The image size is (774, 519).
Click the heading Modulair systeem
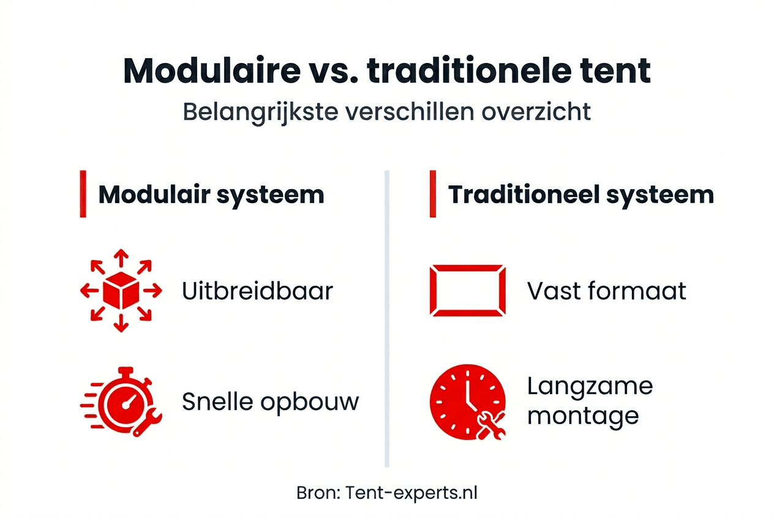tap(211, 195)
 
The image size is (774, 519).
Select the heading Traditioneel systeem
tap(580, 195)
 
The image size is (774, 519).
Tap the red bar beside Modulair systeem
tap(83, 195)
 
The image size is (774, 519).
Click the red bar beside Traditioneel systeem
tap(432, 195)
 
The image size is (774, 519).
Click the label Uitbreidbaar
tap(257, 291)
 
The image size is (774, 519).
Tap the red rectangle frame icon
tap(468, 290)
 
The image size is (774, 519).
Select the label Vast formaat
tap(606, 291)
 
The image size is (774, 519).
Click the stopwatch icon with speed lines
tap(122, 401)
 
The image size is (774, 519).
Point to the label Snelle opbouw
tap(270, 402)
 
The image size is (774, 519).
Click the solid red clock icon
tap(468, 401)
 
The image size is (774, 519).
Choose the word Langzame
tap(590, 386)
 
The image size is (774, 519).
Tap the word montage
tap(583, 416)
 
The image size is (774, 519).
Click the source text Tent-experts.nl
tap(411, 493)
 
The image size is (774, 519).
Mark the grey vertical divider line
tap(387, 318)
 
